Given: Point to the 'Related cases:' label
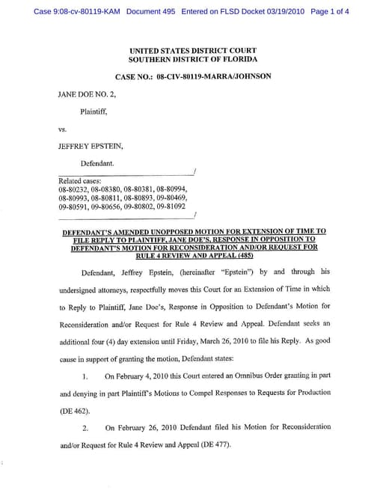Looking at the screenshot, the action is (x=80, y=180).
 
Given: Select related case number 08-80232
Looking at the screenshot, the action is (x=73, y=189).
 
